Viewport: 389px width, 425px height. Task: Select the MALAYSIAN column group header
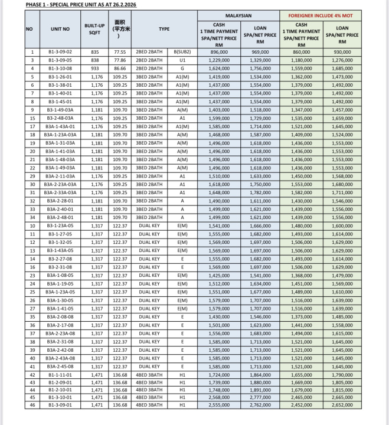(238, 15)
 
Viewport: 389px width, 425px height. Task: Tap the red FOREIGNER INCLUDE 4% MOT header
(322, 15)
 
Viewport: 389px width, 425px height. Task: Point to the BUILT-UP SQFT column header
(95, 29)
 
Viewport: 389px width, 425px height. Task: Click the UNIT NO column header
(60, 29)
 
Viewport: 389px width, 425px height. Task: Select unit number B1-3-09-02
(60, 53)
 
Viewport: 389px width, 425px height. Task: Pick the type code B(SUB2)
(182, 53)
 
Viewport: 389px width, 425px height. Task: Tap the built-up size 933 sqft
(95, 68)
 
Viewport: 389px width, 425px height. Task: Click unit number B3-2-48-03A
(60, 118)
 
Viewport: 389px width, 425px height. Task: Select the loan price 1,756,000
(260, 68)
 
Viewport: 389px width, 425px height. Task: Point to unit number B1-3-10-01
(60, 397)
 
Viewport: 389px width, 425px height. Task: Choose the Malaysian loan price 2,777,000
(260, 397)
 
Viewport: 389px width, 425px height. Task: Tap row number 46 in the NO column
(33, 405)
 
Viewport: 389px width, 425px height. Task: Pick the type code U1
(182, 60)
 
